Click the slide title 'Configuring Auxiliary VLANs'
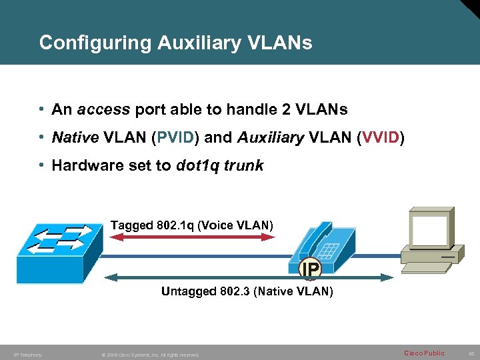coord(175,43)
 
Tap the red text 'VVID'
coord(381,137)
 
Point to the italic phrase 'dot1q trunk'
coord(219,165)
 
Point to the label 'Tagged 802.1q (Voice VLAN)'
coord(192,225)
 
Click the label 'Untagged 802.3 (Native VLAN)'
coord(247,291)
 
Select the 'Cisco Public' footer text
coord(424,353)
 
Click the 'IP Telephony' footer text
coord(28,355)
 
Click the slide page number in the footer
coord(469,353)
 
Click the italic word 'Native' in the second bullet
coord(75,137)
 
